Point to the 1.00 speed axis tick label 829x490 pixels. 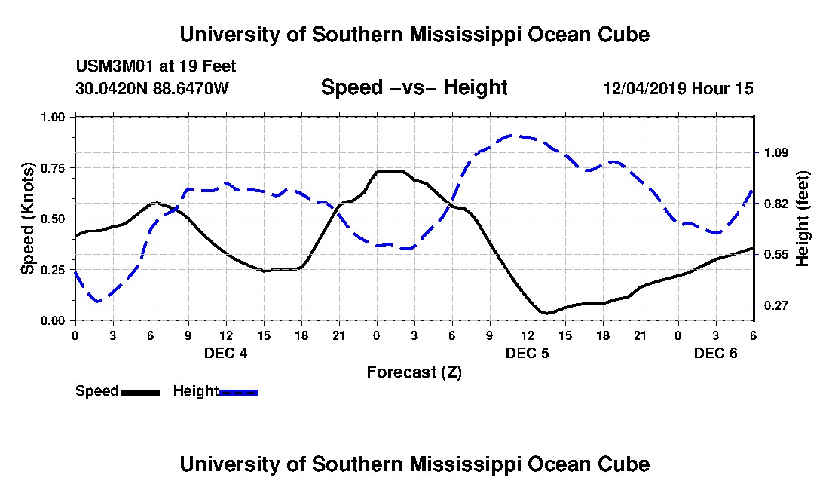pyautogui.click(x=54, y=117)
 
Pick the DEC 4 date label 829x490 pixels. pyautogui.click(x=226, y=353)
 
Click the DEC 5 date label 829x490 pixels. pyautogui.click(x=528, y=353)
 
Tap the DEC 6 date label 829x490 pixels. pyautogui.click(x=716, y=353)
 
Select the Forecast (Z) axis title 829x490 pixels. pyautogui.click(x=414, y=372)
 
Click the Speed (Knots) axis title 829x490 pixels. pyautogui.click(x=28, y=219)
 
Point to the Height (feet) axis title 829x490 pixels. pyautogui.click(x=802, y=219)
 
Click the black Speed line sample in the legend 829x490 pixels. pyautogui.click(x=140, y=392)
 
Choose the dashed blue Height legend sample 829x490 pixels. pyautogui.click(x=238, y=392)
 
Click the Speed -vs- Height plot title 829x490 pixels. pyautogui.click(x=414, y=87)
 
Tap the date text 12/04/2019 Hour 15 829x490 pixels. pyautogui.click(x=678, y=89)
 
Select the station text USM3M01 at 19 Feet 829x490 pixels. pyautogui.click(x=156, y=66)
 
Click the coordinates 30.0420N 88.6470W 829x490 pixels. pyautogui.click(x=151, y=89)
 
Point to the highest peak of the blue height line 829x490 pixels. pyautogui.click(x=511, y=136)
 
